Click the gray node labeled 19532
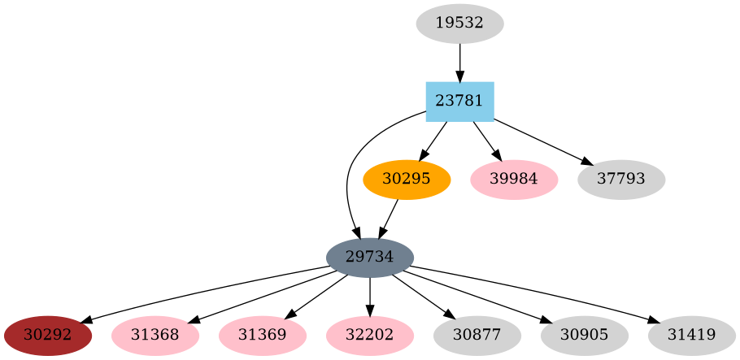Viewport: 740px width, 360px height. pyautogui.click(x=459, y=24)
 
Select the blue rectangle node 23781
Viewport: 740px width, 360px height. pyautogui.click(x=459, y=102)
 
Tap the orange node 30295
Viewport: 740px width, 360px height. pyautogui.click(x=406, y=180)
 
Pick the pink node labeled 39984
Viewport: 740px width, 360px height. pyautogui.click(x=514, y=180)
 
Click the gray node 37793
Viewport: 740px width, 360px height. pyautogui.click(x=621, y=180)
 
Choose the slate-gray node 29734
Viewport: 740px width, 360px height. pyautogui.click(x=370, y=258)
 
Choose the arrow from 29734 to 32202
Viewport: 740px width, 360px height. pyautogui.click(x=370, y=297)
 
